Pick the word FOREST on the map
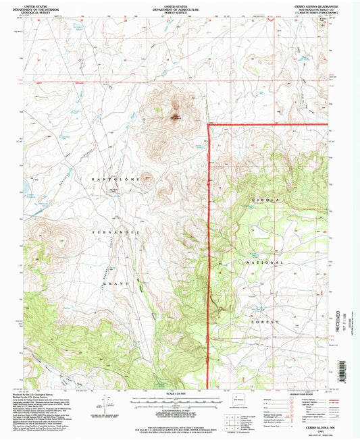pyautogui.click(x=265, y=323)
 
